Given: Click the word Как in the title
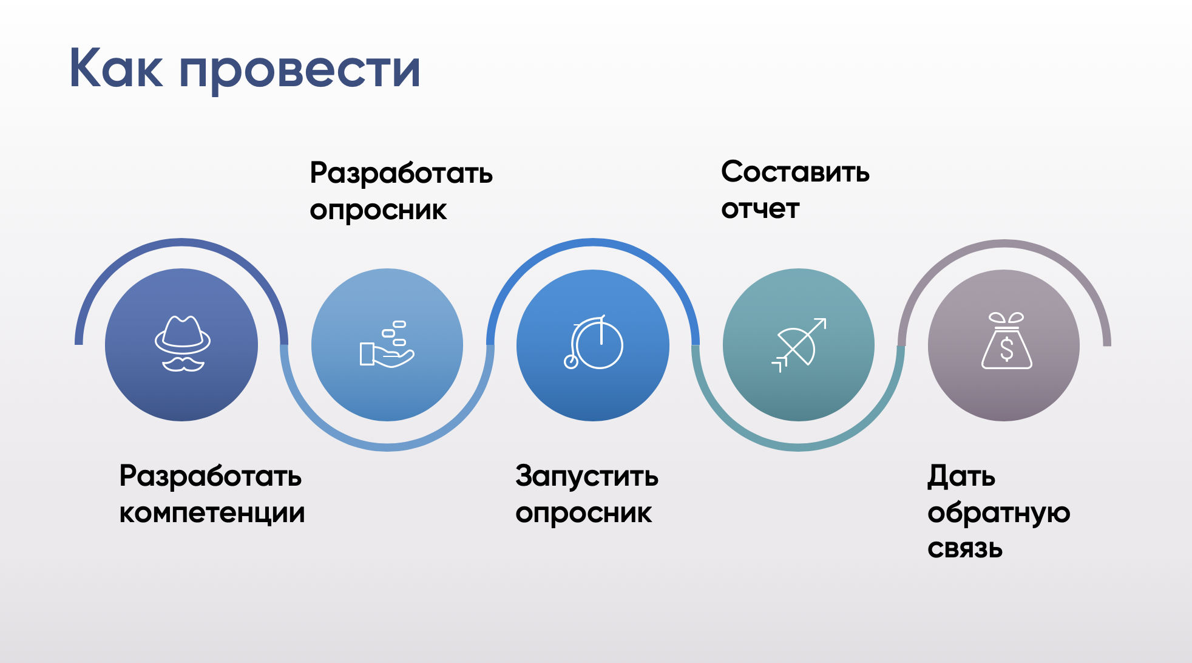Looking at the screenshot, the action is click(116, 67).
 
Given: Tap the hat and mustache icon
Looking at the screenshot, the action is click(182, 344).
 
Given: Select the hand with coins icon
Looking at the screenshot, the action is click(387, 344).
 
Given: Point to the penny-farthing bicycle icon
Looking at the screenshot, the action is click(593, 342).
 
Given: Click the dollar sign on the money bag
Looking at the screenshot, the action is click(1006, 349).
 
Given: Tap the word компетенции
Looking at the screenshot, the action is click(212, 513).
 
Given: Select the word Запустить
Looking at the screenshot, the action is click(587, 476).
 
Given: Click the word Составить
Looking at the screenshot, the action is click(795, 172).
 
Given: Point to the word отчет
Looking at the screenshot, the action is click(760, 209).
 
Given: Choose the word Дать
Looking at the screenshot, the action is click(961, 477).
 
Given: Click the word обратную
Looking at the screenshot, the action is click(998, 513).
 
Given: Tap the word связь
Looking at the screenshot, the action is click(964, 549).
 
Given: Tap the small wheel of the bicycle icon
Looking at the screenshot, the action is click(571, 362).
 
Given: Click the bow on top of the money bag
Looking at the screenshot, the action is click(1006, 318).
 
